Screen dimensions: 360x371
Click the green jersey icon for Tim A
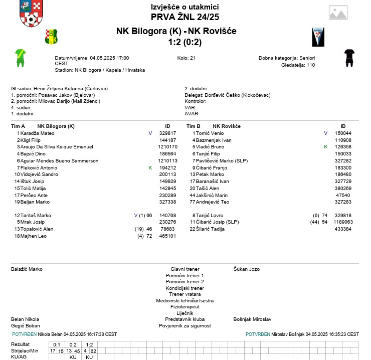[x=20, y=58]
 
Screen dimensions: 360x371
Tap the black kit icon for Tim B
[x=349, y=58]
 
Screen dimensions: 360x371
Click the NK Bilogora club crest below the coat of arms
[x=52, y=36]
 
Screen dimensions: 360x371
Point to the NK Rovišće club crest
[x=318, y=37]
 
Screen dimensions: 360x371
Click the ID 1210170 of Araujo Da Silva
[x=167, y=147]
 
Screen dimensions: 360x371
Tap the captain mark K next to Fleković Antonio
[x=150, y=168]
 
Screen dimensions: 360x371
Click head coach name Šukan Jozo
[x=247, y=269]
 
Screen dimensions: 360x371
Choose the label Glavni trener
[x=185, y=269]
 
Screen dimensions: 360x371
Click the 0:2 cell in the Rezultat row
[x=73, y=344]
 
